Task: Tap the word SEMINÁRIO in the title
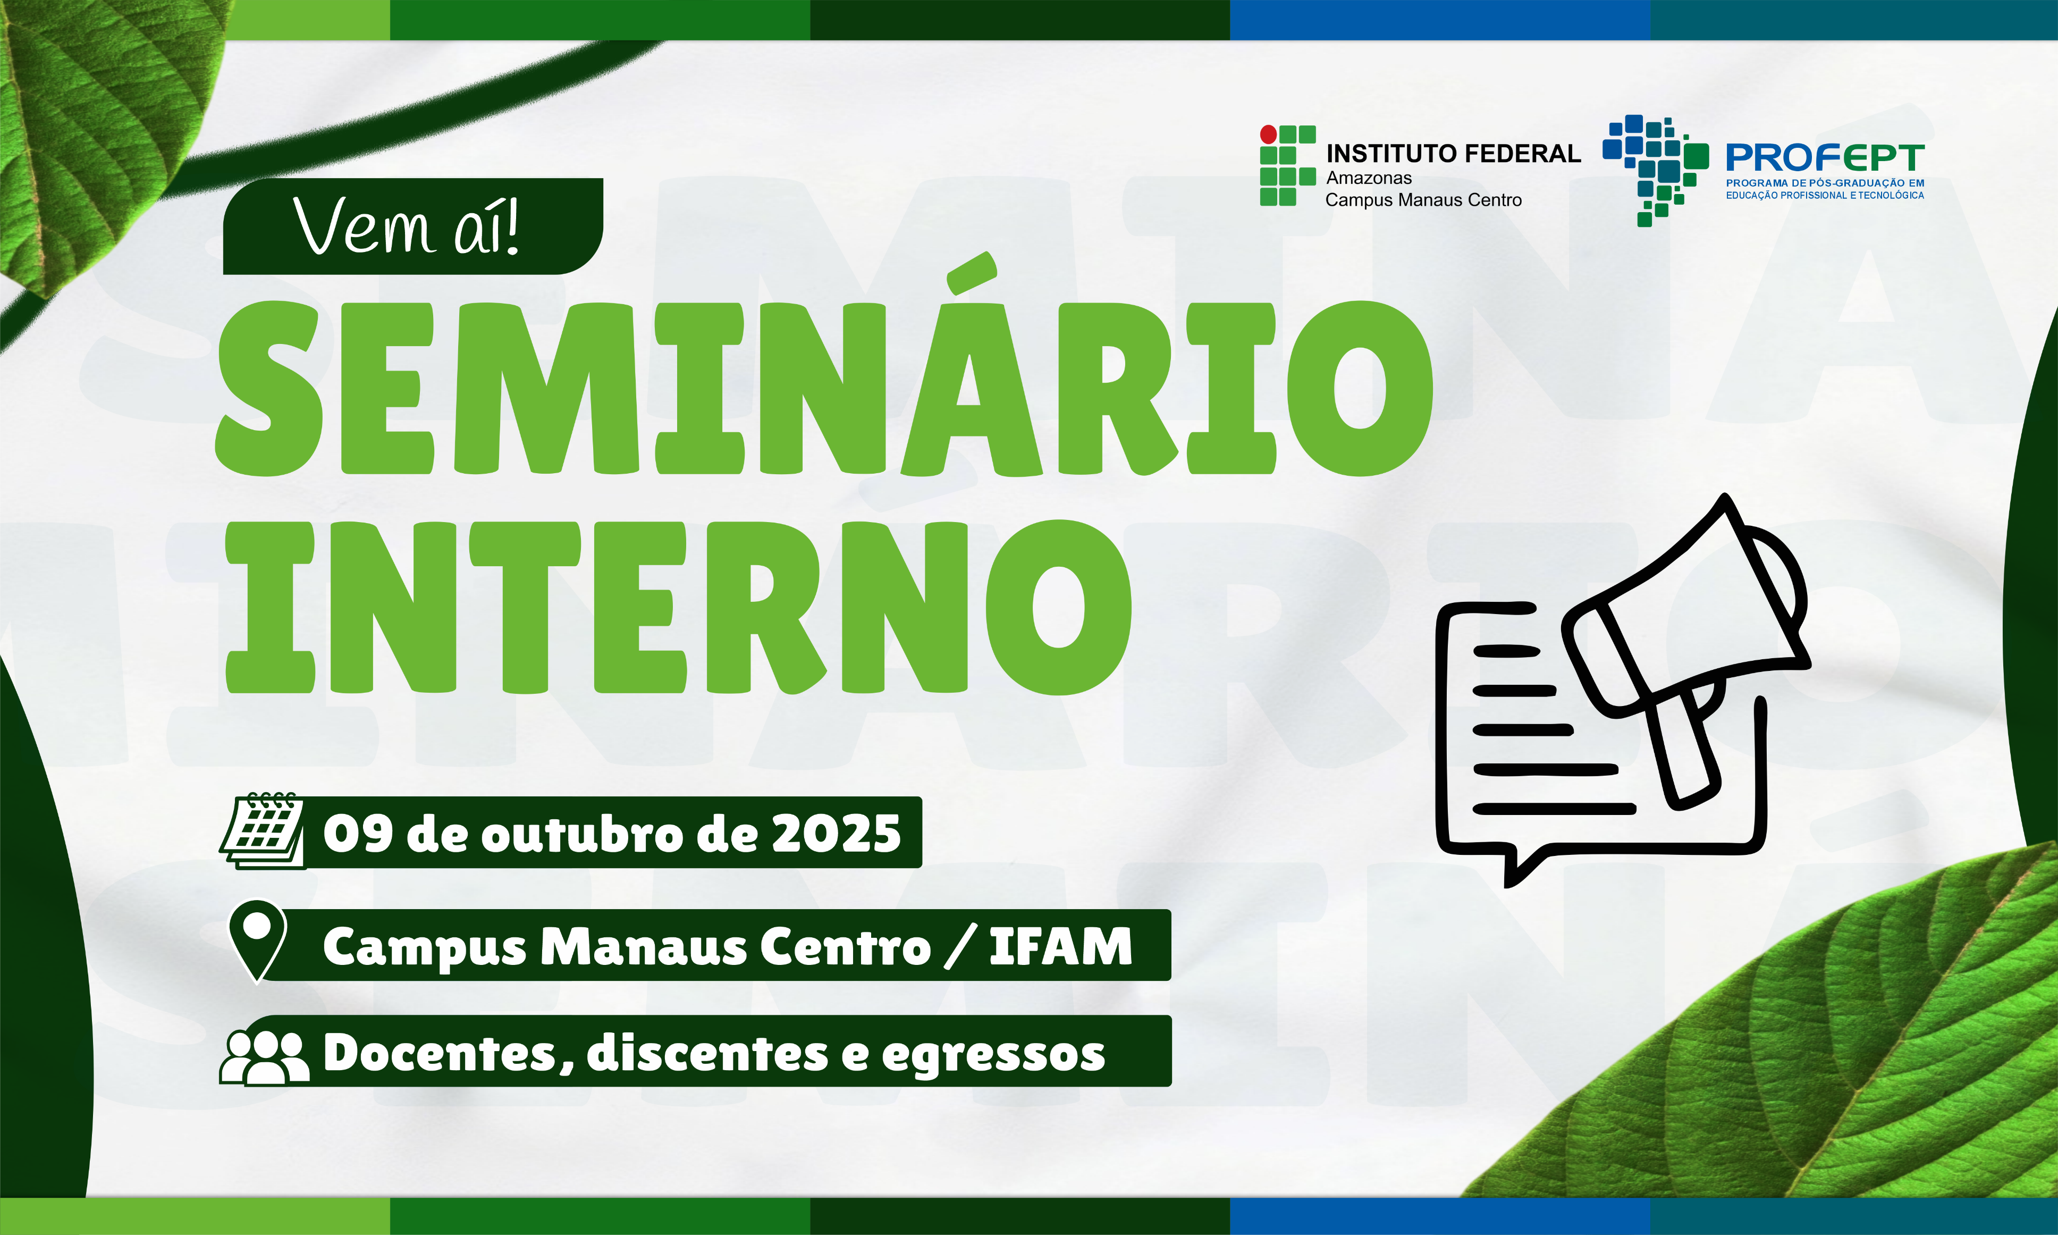click(x=823, y=388)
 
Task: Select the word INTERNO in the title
click(x=678, y=608)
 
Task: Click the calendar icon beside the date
click(x=262, y=831)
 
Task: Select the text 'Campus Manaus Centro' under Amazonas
click(x=1423, y=200)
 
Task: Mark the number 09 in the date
click(x=358, y=833)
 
